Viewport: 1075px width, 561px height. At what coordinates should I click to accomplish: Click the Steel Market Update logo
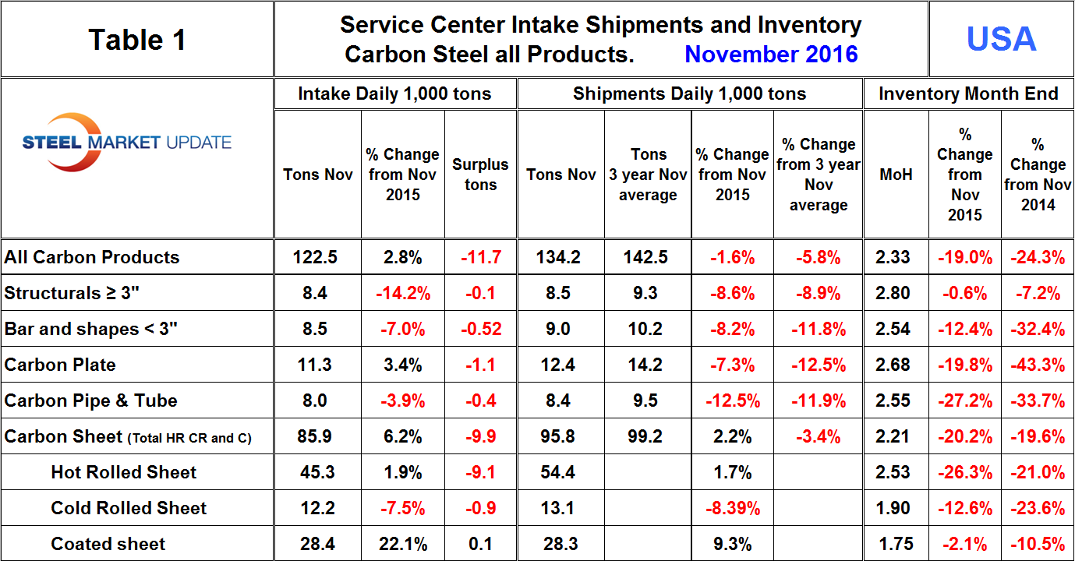(x=126, y=143)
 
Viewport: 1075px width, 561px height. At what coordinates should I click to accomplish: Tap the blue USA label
(x=1001, y=39)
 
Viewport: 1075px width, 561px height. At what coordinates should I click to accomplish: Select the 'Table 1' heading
(x=137, y=40)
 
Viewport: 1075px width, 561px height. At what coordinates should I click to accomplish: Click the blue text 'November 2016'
(x=771, y=54)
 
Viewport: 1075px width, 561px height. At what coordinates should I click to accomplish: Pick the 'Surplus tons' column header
(x=480, y=175)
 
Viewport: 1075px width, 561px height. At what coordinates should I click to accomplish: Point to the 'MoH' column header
(x=895, y=175)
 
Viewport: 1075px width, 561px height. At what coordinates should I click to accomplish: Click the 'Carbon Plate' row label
(x=60, y=365)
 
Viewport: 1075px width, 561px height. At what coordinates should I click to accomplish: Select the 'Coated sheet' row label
(x=108, y=544)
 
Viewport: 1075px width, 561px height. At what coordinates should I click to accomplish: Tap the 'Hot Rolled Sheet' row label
(x=124, y=472)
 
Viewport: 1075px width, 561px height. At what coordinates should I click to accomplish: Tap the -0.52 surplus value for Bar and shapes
(x=480, y=329)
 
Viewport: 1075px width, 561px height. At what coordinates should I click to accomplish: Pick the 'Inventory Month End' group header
(x=968, y=94)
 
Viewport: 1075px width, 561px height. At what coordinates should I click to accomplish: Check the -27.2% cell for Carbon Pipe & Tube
(x=964, y=400)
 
